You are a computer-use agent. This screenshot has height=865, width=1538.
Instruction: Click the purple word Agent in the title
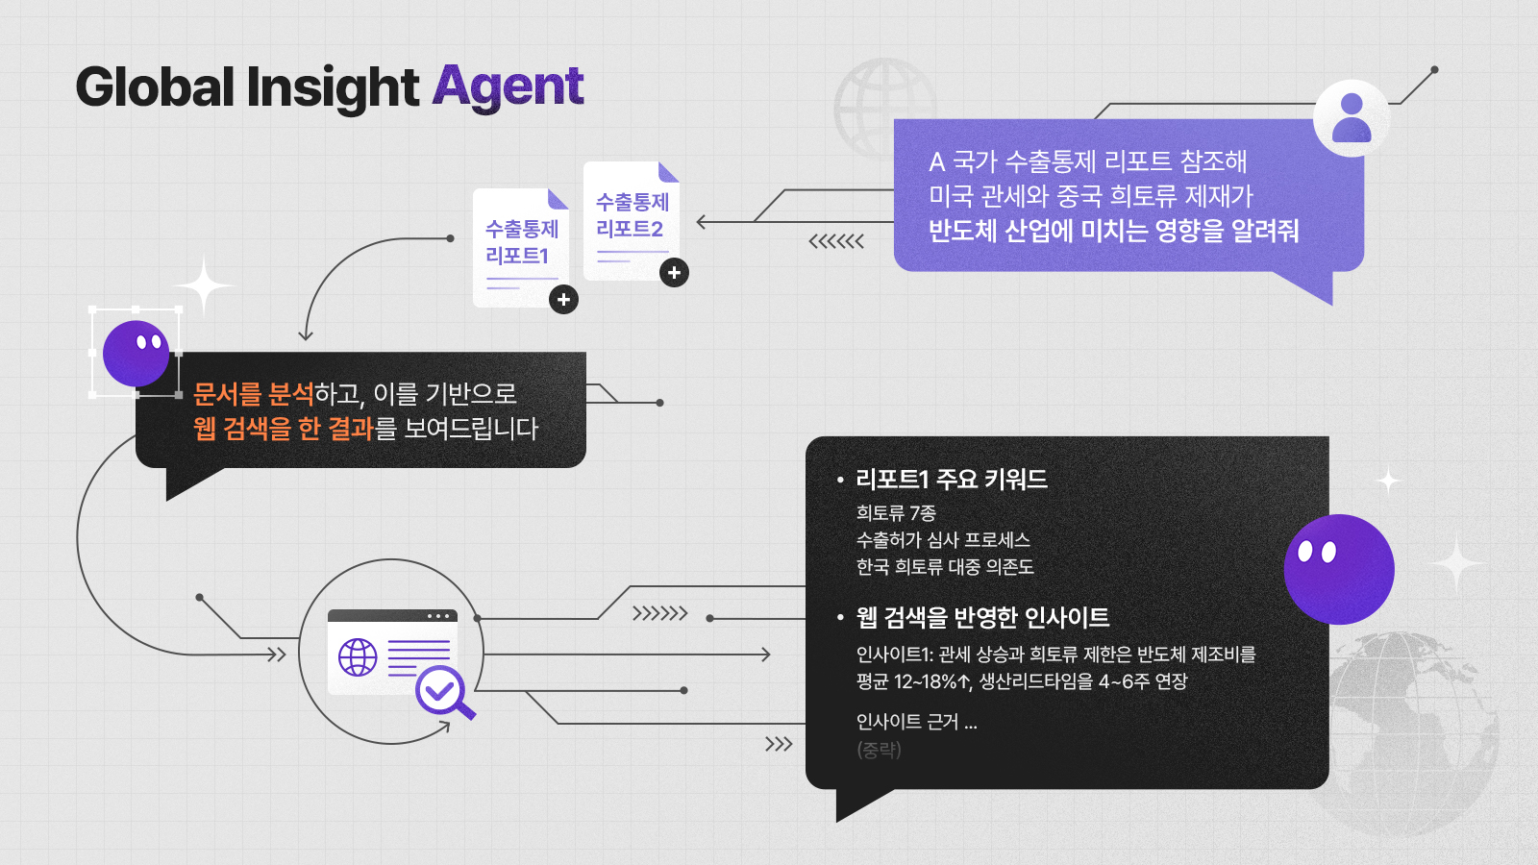coord(508,87)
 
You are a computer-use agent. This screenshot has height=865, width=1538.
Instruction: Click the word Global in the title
coord(156,86)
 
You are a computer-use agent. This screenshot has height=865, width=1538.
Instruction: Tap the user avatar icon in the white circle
coord(1352,118)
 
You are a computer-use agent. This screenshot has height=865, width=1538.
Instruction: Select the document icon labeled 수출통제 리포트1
coord(521,248)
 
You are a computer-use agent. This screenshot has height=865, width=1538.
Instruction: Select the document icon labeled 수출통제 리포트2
coord(632,221)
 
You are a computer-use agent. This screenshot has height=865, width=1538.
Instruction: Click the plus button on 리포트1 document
coord(563,300)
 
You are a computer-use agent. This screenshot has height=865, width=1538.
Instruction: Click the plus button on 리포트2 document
coord(674,273)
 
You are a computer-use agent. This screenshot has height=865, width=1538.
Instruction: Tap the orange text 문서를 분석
coord(254,393)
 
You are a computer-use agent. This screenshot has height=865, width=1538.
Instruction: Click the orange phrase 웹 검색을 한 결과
coord(283,428)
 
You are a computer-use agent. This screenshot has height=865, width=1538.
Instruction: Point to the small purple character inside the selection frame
coord(136,354)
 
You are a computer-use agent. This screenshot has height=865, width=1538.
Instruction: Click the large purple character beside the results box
coord(1339,569)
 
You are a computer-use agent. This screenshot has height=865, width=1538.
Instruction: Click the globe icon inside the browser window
coord(358,657)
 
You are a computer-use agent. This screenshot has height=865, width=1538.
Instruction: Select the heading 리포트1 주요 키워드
coord(952,479)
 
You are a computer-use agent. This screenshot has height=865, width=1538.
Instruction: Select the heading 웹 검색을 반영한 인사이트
coord(982,617)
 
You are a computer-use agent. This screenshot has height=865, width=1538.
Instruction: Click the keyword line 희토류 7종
coord(896,512)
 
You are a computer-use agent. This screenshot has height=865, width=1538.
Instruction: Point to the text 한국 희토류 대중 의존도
coord(945,566)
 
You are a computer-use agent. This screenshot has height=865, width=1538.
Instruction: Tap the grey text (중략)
coord(879,749)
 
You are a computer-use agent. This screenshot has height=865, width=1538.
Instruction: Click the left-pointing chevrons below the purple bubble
coord(836,241)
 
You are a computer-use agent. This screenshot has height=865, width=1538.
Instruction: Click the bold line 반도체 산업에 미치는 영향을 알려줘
coord(1113,231)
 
